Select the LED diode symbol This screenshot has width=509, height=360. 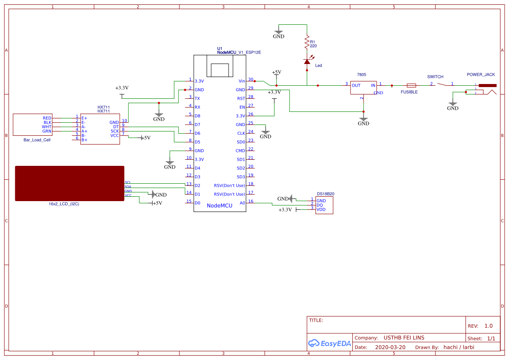pos(307,62)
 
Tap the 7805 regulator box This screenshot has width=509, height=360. pos(364,88)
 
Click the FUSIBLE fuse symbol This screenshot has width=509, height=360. pos(411,85)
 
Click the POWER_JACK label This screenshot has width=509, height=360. pos(481,74)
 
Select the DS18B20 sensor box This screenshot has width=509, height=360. pos(325,205)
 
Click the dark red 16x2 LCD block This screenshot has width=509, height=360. pos(70,183)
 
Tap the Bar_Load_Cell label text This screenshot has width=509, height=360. pos(37,140)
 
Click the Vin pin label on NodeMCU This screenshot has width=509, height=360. pos(242,81)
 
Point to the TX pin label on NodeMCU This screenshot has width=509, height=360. pos(197,98)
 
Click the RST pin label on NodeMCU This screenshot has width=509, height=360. pos(241,98)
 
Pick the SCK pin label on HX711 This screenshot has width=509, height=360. pos(115,131)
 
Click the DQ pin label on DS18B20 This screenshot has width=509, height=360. pos(320,205)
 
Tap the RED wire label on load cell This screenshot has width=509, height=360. pos(47,118)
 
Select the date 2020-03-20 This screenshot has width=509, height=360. pos(390,347)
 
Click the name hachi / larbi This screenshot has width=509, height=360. pos(458,347)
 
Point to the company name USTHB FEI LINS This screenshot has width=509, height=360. pos(404,338)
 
